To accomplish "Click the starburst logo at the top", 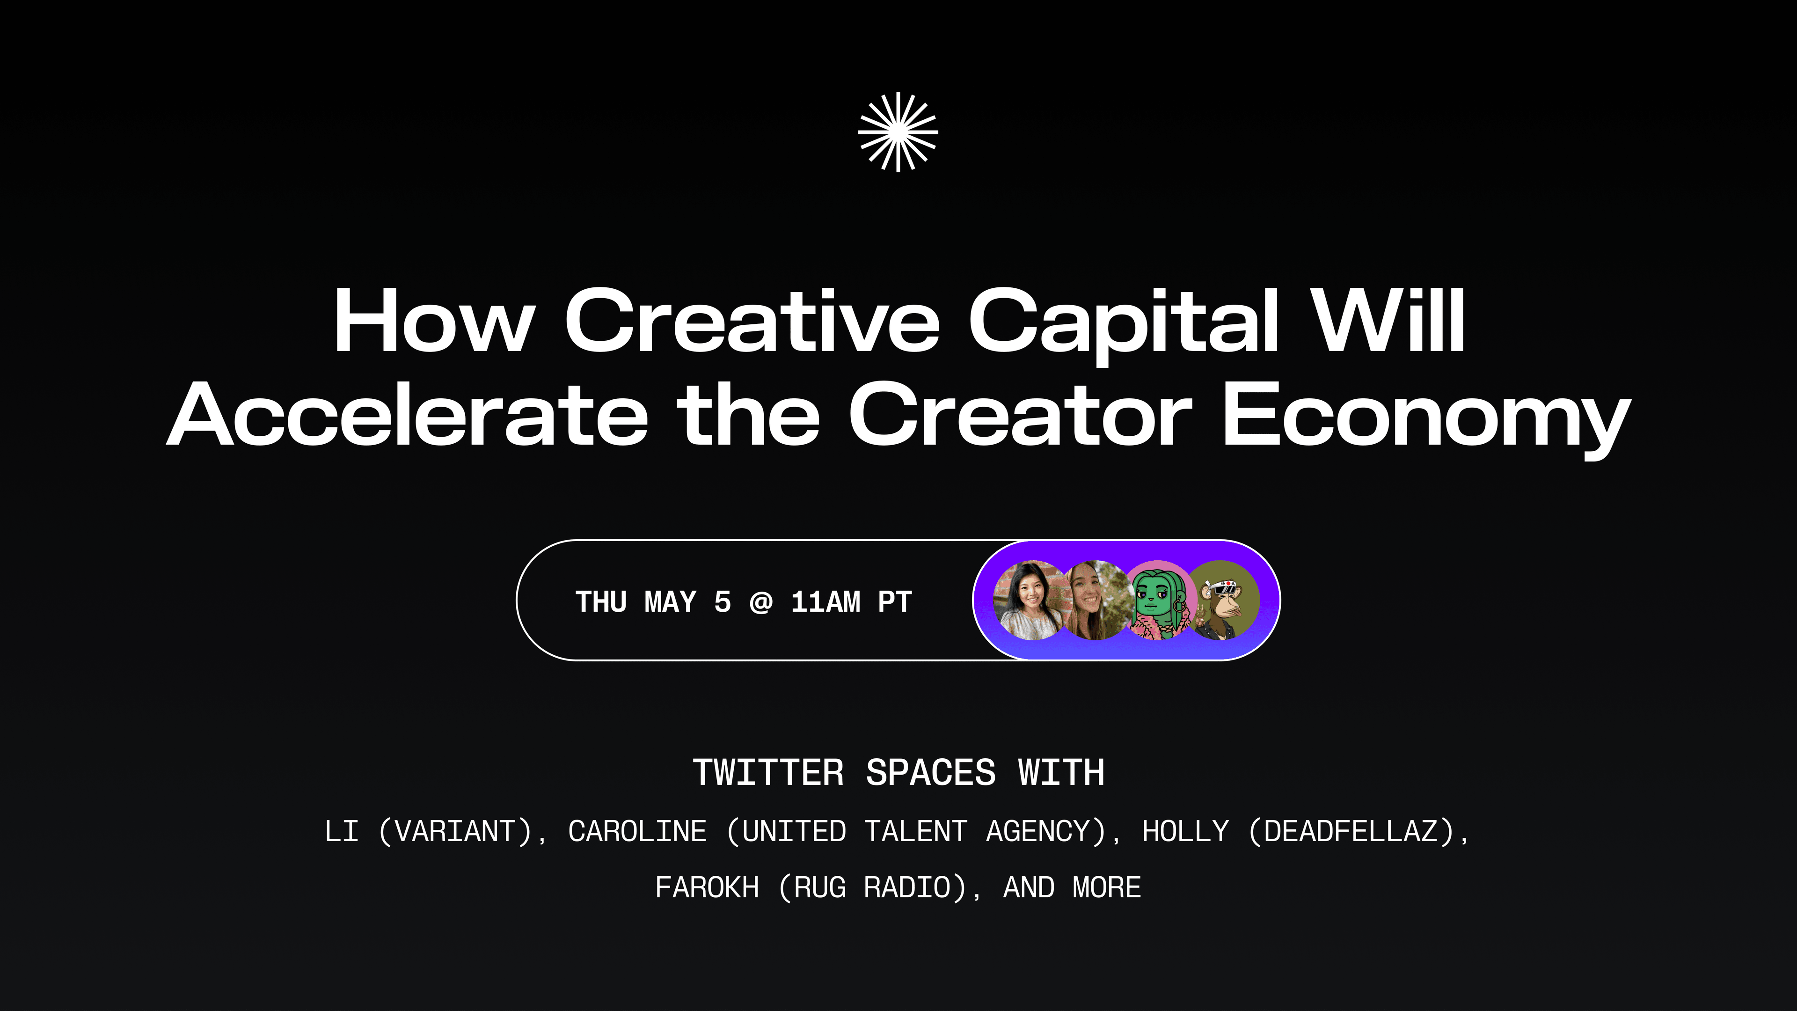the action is click(x=898, y=132).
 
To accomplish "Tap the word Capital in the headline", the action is click(x=1124, y=326).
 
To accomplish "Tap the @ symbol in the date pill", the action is click(x=760, y=602).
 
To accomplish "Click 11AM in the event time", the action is click(x=825, y=602).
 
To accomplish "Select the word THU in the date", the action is click(x=600, y=602).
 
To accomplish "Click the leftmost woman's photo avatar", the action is click(x=1030, y=600).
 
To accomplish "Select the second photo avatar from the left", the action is click(x=1096, y=600).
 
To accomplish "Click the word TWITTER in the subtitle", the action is click(x=768, y=773).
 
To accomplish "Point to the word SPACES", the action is click(x=931, y=773).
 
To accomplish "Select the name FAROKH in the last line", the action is click(x=707, y=887).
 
